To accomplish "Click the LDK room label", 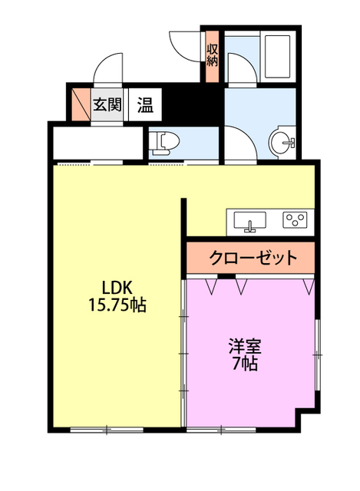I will coord(118,287).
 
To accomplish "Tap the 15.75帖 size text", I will coord(118,305).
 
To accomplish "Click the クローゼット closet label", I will coord(253,257).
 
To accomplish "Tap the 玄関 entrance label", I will coord(107,104).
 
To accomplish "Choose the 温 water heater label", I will coord(144,104).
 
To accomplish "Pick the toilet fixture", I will coord(163,141).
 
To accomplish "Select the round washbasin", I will coord(284,141).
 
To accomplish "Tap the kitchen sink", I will coord(249,221).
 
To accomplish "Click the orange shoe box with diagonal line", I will coord(80,104).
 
